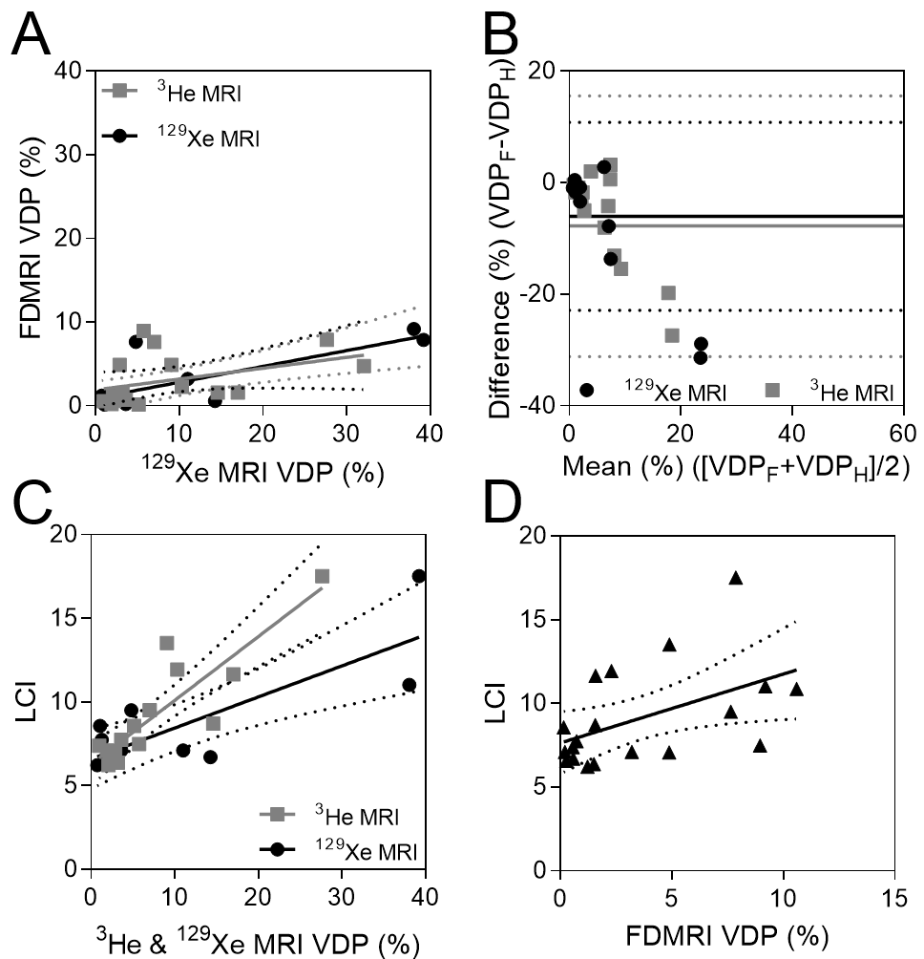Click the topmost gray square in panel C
point(322,576)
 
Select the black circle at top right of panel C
point(419,576)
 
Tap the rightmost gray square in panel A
point(364,366)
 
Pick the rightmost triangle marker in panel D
point(796,689)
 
